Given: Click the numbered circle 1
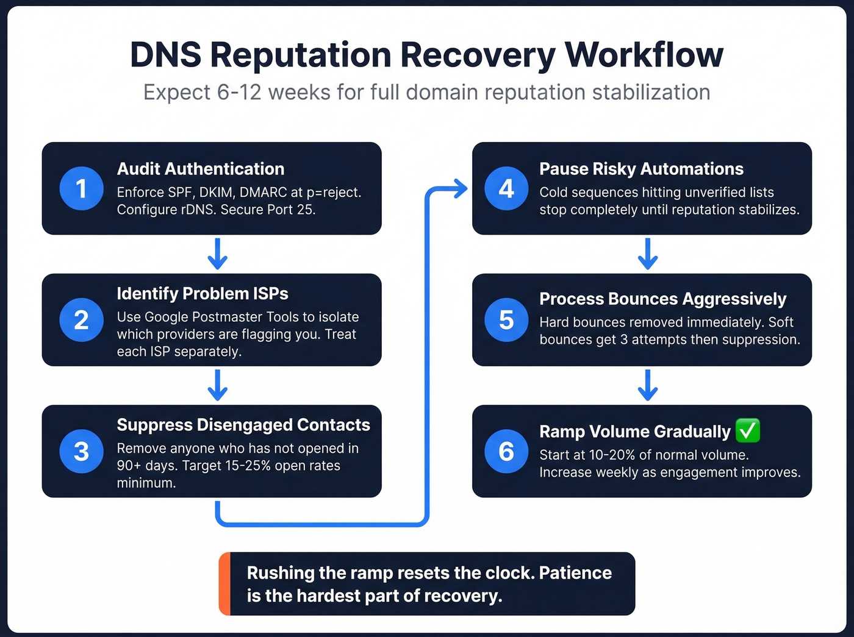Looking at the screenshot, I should (81, 188).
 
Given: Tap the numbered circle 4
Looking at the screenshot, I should (506, 188).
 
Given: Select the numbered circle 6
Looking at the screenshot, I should (506, 451).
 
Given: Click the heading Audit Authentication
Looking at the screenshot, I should (201, 169).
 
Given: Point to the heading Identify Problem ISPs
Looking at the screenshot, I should (203, 293).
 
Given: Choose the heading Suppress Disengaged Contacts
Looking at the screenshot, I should (243, 425).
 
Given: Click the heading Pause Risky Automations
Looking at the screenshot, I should (641, 169).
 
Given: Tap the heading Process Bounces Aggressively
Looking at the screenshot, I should (662, 299).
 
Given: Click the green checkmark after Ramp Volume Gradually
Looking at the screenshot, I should (748, 430).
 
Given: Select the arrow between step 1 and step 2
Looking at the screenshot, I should (217, 254).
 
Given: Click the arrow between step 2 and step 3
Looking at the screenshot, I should (217, 385).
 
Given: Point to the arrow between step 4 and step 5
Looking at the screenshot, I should (647, 254).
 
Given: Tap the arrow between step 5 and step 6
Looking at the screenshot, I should (647, 385).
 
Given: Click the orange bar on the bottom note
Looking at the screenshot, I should (224, 583).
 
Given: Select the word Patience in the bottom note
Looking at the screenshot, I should (575, 573).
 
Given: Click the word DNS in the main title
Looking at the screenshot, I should (165, 55).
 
